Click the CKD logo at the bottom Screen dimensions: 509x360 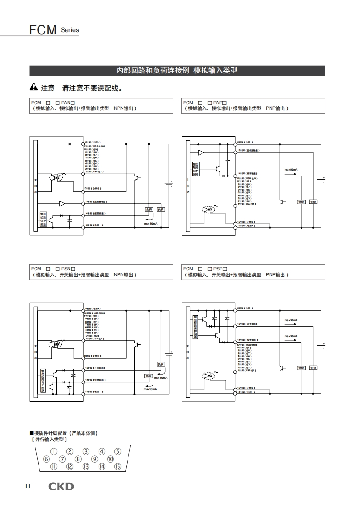[61, 487]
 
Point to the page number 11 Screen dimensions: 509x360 [27, 487]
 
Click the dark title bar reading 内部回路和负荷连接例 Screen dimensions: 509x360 [177, 71]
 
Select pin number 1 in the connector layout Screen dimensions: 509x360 [54, 451]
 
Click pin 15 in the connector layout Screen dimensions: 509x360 [118, 466]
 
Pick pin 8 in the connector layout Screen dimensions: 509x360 [78, 459]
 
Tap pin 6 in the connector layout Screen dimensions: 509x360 [46, 459]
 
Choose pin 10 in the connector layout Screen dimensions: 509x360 [110, 459]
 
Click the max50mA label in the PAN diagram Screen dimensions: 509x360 [151, 224]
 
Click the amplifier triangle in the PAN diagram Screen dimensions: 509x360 [62, 204]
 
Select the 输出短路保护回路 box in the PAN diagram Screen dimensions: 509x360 [43, 219]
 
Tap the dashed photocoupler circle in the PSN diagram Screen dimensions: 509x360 [57, 343]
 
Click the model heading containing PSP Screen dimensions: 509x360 [205, 269]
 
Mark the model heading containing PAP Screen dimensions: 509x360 [205, 103]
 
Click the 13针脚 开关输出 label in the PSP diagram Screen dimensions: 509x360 [248, 324]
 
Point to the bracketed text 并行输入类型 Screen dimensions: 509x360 [49, 440]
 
